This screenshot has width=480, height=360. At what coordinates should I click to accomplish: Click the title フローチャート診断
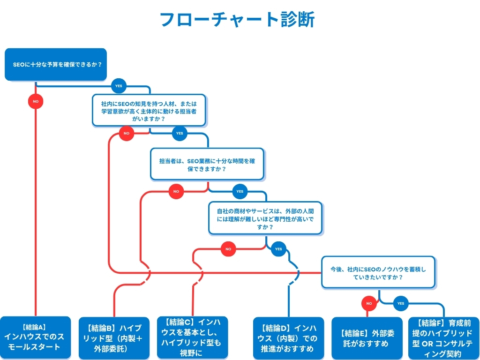pyautogui.click(x=237, y=20)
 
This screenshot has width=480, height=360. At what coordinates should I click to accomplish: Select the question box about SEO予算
pyautogui.click(x=56, y=64)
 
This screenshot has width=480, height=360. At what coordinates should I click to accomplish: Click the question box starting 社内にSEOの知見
pyautogui.click(x=149, y=111)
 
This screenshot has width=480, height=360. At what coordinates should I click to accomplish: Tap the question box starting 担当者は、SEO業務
pyautogui.click(x=207, y=164)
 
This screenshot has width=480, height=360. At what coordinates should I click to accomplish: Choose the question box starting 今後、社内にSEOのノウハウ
pyautogui.click(x=378, y=272)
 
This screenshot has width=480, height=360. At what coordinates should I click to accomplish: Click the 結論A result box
pyautogui.click(x=35, y=337)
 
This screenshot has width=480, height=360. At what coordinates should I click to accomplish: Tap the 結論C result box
pyautogui.click(x=192, y=337)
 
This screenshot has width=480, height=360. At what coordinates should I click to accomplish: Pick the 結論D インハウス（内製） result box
pyautogui.click(x=288, y=338)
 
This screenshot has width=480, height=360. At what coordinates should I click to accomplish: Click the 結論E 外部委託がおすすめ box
pyautogui.click(x=367, y=338)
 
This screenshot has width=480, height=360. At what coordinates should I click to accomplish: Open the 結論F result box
pyautogui.click(x=443, y=338)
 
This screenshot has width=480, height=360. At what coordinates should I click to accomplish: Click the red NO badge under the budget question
pyautogui.click(x=36, y=101)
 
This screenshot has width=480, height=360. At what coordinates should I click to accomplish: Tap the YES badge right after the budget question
pyautogui.click(x=119, y=86)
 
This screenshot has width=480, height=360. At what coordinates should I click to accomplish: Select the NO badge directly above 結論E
pyautogui.click(x=369, y=303)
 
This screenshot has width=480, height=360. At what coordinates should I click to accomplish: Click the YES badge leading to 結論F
pyautogui.click(x=401, y=303)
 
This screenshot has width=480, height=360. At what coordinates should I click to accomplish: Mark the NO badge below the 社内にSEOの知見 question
pyautogui.click(x=126, y=134)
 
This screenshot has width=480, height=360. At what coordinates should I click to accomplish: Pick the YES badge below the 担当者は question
pyautogui.click(x=240, y=191)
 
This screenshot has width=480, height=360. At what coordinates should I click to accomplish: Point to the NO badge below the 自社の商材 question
pyautogui.click(x=228, y=249)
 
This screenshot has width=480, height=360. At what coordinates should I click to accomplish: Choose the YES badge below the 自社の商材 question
pyautogui.click(x=279, y=249)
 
